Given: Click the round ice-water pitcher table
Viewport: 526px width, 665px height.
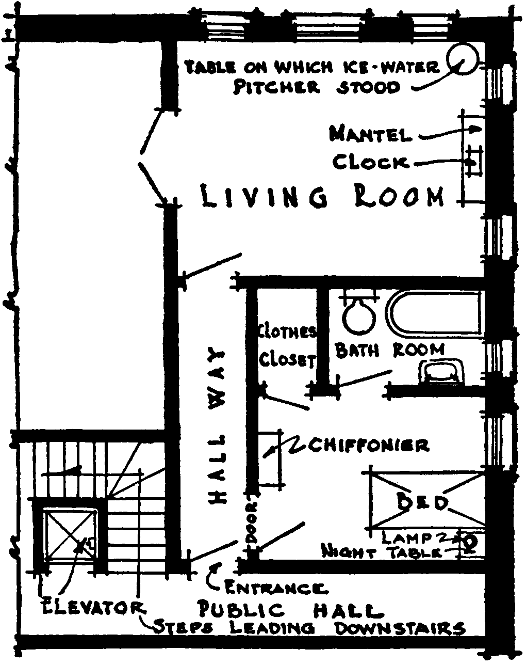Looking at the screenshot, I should (x=463, y=59).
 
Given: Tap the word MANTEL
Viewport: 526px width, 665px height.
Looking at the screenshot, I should (x=370, y=134).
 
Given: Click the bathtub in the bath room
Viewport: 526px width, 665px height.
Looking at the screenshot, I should (x=436, y=314).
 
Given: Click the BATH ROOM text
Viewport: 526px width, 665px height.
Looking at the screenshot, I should (x=389, y=350).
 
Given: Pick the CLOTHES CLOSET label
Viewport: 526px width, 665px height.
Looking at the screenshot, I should (x=287, y=346).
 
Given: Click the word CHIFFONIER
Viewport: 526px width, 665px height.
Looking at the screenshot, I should (x=367, y=445).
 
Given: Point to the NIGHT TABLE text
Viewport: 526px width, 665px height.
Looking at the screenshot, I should (x=382, y=551).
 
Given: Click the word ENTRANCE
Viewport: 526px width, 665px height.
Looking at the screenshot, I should (x=275, y=588).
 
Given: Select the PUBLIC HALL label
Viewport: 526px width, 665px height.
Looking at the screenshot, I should (x=291, y=610).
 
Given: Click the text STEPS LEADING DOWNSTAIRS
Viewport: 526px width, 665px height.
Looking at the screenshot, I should (x=309, y=628).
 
